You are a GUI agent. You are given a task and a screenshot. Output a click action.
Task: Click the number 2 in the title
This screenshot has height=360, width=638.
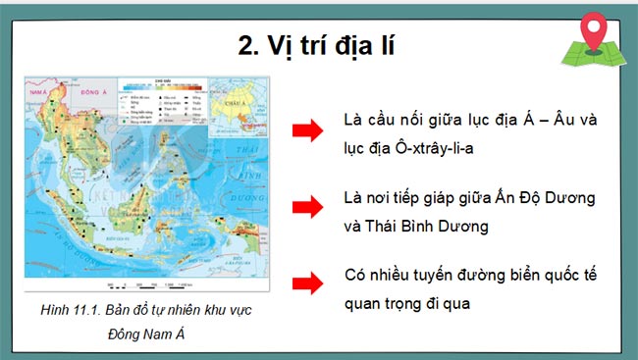(246, 46)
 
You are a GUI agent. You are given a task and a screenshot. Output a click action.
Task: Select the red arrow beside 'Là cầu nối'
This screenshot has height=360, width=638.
(307, 130)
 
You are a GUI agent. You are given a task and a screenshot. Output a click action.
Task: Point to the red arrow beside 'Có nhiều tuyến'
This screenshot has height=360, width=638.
(307, 284)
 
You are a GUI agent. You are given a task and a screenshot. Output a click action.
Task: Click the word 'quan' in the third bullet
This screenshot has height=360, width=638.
(365, 302)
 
